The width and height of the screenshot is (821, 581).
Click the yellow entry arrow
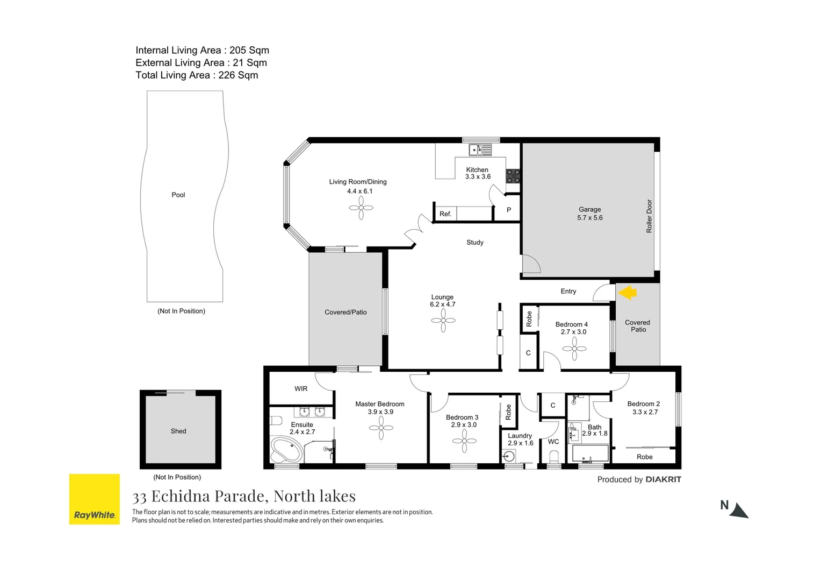(627, 293)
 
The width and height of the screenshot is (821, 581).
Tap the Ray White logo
(95, 499)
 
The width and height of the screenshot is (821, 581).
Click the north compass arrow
(739, 511)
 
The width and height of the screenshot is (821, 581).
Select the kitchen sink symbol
(480, 150)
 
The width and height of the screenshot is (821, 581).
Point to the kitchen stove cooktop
(513, 176)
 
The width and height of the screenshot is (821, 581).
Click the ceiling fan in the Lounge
(443, 321)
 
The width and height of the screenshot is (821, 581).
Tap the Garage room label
(589, 209)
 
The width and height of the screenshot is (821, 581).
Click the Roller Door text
(649, 216)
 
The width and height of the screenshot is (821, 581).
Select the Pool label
(178, 195)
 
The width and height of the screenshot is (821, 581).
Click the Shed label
(178, 431)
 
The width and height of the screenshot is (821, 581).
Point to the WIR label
(301, 388)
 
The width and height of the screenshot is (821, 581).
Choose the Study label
(475, 243)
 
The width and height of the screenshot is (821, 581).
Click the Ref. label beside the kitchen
(445, 214)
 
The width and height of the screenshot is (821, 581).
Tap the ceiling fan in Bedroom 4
(574, 349)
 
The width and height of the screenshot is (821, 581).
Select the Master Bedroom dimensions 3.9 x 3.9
(380, 412)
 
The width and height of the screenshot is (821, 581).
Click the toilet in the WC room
(554, 457)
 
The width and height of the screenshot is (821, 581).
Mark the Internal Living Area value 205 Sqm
(249, 50)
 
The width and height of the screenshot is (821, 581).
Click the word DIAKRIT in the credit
(663, 479)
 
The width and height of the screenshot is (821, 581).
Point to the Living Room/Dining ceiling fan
(361, 208)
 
